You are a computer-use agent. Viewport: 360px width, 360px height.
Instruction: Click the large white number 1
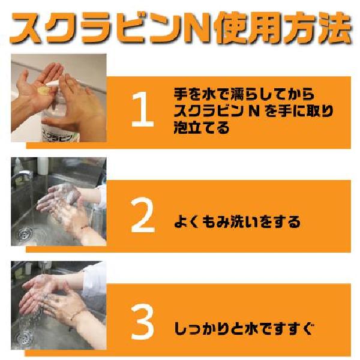[x=142, y=109]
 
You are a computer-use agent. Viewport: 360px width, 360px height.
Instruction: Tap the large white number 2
[x=143, y=215]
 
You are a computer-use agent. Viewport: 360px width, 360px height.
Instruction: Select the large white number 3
[x=142, y=322]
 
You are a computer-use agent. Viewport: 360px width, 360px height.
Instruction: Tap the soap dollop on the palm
[x=43, y=90]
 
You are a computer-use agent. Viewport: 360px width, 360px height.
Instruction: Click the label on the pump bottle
[x=60, y=136]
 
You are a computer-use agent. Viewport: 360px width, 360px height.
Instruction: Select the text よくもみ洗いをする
[x=237, y=222]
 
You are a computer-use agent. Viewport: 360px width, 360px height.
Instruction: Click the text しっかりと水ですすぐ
[x=244, y=329]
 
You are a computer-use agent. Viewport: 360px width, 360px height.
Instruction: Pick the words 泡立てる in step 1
[x=202, y=128]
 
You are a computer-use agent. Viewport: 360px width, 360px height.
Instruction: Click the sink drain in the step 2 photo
[x=25, y=235]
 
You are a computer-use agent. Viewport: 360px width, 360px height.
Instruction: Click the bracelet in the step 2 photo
[x=85, y=227]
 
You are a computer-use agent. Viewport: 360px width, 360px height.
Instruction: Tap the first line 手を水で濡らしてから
[x=244, y=94]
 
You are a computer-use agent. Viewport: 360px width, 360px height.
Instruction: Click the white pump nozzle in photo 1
[x=55, y=83]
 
